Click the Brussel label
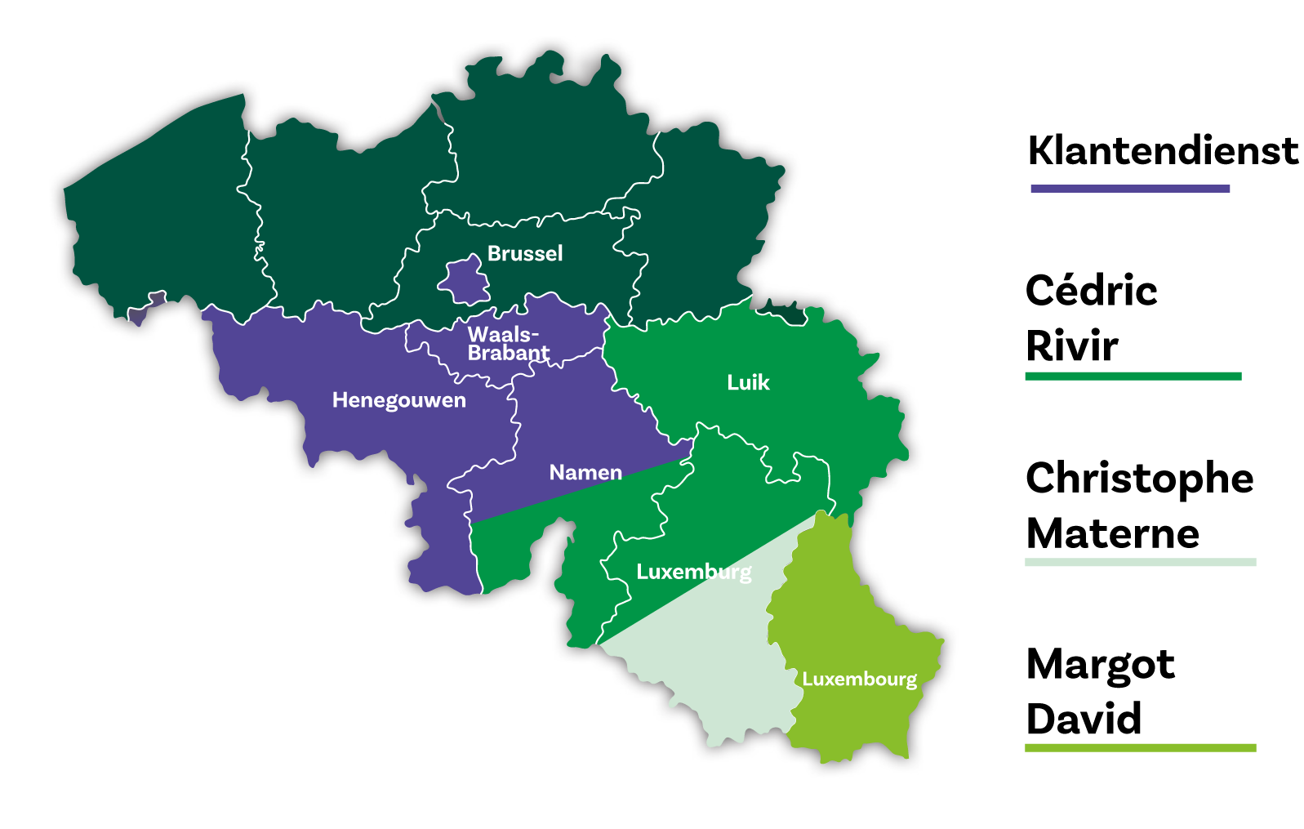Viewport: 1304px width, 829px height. pos(525,254)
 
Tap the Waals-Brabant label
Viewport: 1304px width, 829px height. pos(508,344)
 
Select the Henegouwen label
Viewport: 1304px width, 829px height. pos(398,400)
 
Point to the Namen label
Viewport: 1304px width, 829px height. pos(585,473)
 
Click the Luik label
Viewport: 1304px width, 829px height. pos(748,383)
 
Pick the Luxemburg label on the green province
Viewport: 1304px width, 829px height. pos(693,572)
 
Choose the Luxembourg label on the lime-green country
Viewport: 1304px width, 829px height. pos(859,680)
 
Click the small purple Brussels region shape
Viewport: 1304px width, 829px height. pos(465,280)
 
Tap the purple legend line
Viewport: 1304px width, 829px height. pos(1129,189)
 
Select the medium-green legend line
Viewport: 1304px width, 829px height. pos(1133,376)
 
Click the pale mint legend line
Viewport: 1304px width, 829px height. pos(1140,562)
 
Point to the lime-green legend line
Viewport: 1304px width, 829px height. pos(1140,747)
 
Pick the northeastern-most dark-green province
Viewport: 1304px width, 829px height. pos(710,221)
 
